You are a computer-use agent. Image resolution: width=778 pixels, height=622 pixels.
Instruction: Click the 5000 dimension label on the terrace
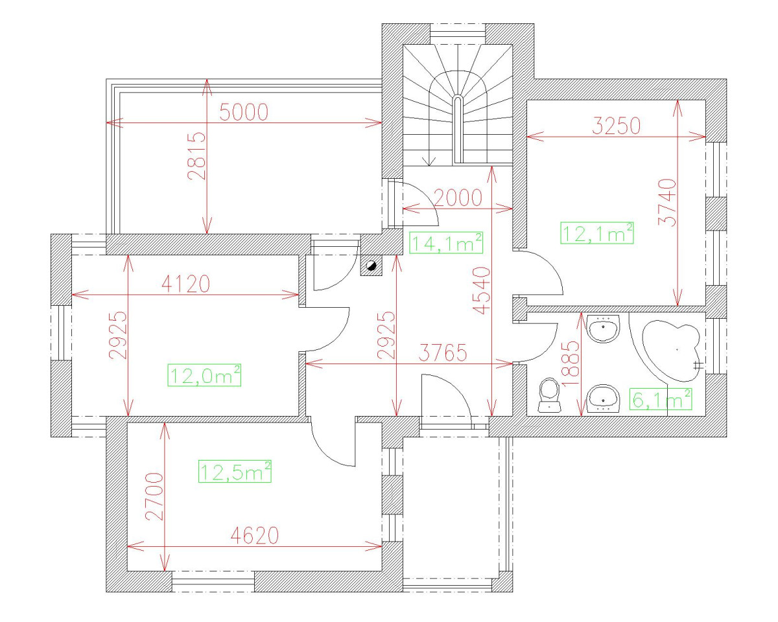244,113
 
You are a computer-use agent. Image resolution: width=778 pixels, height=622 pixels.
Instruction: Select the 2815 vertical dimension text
196,156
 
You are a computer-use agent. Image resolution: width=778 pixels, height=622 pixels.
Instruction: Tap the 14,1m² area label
447,244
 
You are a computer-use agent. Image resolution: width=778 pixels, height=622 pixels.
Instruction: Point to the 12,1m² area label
596,233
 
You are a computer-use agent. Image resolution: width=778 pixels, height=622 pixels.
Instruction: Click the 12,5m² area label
234,472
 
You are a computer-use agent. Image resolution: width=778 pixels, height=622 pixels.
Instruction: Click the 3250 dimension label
616,125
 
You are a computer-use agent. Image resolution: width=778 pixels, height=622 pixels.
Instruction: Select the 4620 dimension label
254,535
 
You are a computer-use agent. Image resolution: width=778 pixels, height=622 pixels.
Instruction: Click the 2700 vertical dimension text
154,496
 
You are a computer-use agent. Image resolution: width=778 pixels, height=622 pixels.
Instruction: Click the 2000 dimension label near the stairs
458,198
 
